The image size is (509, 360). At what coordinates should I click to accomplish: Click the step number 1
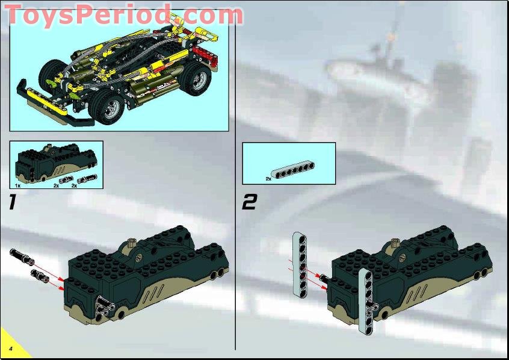pyautogui.click(x=13, y=203)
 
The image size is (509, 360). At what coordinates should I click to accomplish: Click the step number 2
pyautogui.click(x=248, y=203)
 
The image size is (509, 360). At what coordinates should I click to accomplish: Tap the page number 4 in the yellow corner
pyautogui.click(x=11, y=349)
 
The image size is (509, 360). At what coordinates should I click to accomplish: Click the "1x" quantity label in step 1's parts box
pyautogui.click(x=17, y=186)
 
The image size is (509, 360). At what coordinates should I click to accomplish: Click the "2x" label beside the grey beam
pyautogui.click(x=268, y=179)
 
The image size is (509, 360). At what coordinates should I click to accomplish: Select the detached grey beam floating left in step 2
pyautogui.click(x=300, y=264)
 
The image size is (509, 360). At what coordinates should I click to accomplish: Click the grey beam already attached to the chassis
pyautogui.click(x=363, y=300)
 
